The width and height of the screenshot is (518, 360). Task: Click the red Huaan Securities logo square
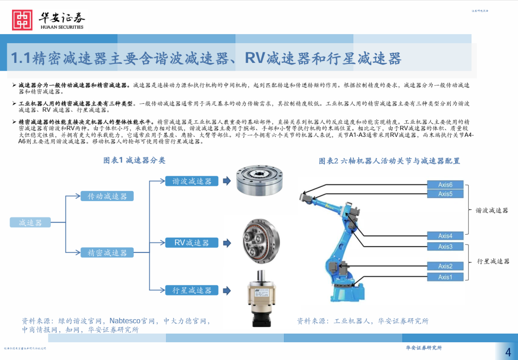pos(22,20)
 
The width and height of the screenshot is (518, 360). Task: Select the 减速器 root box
pos(30,222)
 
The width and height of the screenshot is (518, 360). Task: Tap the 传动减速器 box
pos(107,196)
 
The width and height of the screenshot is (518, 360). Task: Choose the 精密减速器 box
pos(107,252)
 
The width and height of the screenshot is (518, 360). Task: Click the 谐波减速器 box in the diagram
pos(192,181)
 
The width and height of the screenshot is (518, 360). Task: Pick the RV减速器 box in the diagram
pos(192,242)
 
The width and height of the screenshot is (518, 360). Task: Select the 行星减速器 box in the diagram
pos(192,290)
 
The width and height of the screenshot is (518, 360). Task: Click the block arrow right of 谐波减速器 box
pos(227,181)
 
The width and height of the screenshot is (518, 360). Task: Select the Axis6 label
pos(445,184)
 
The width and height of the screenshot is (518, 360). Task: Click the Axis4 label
pos(445,236)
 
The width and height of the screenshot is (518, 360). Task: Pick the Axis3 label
pos(445,247)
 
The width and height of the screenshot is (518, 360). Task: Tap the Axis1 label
pos(445,277)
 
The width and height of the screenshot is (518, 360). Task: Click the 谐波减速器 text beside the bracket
pos(492,210)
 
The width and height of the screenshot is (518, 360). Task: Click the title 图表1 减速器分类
pos(134,160)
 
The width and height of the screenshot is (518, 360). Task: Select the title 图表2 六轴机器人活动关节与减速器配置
pos(389,161)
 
